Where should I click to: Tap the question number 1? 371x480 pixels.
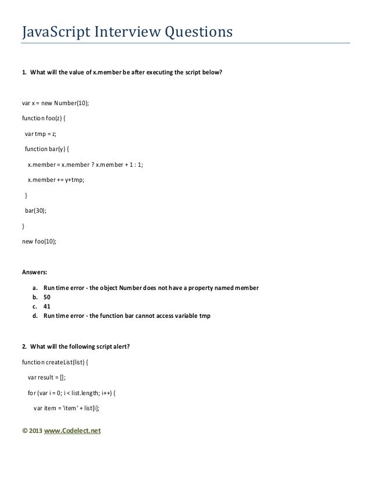[24, 73]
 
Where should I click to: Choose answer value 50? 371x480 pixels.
[47, 296]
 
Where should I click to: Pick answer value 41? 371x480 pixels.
[47, 306]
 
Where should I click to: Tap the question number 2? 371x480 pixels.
[24, 347]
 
